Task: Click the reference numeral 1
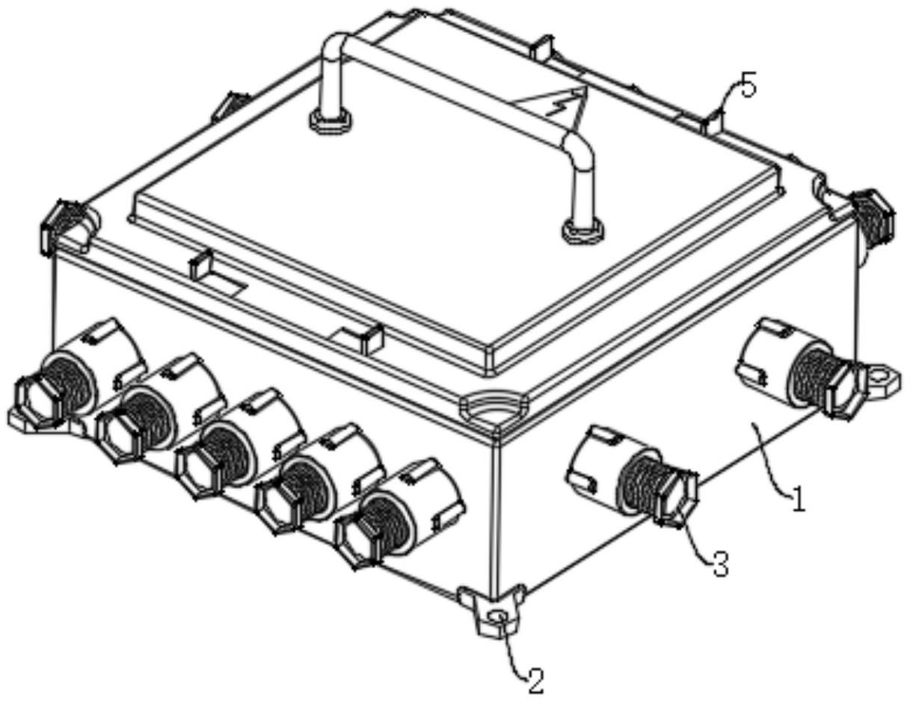pos(798,498)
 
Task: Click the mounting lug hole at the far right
pos(880,375)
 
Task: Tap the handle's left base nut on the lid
pos(331,121)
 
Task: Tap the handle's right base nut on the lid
pos(582,232)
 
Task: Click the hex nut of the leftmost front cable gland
pos(40,401)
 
